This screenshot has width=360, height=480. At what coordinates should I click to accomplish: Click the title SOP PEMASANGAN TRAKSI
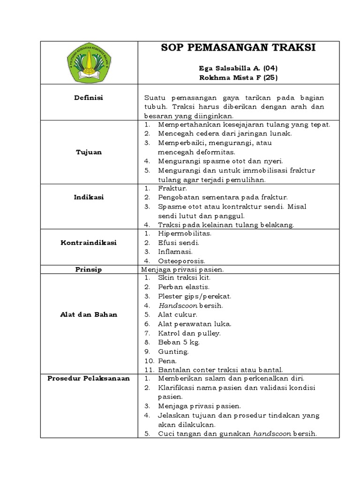coord(238,48)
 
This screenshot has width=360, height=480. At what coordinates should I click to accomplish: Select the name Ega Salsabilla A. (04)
coord(238,68)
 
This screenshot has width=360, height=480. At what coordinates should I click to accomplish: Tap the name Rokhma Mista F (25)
coord(238,77)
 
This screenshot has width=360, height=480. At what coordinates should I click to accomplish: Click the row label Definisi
coord(89,97)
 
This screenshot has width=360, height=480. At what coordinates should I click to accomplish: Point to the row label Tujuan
coord(89,152)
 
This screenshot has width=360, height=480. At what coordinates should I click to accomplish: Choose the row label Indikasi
coord(89,197)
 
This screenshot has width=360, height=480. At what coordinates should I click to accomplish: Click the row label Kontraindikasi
coord(89,243)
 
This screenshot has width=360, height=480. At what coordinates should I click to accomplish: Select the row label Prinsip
coord(89,270)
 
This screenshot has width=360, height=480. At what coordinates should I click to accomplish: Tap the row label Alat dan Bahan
coord(89,314)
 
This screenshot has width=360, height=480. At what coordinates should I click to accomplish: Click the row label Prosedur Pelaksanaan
coord(89,378)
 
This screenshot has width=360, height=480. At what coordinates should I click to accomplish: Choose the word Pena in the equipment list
coord(167,361)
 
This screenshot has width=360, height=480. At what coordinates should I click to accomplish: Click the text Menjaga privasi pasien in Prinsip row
coord(181,270)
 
